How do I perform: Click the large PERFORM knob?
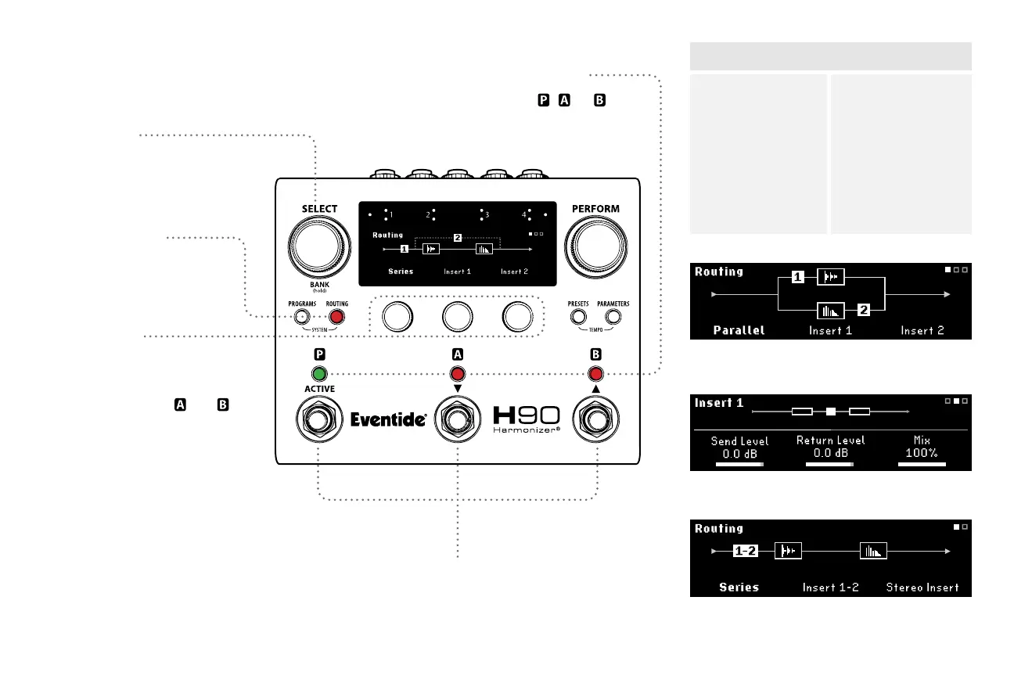595,246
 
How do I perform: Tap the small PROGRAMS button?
301,317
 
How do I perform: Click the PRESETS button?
578,317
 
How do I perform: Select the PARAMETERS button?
613,317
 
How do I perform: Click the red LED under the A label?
457,373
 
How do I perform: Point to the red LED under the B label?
596,373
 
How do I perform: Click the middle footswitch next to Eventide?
457,420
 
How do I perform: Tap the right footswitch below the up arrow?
596,420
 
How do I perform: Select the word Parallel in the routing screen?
739,330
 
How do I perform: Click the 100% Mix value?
922,453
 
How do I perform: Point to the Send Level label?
739,441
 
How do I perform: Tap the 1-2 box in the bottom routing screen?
746,551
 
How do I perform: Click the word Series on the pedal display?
401,271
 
